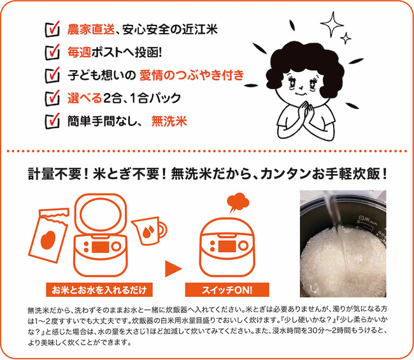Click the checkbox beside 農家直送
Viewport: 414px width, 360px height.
coord(52,29)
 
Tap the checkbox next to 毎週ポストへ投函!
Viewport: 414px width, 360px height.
coord(52,52)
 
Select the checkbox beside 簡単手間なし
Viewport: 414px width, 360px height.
coord(52,121)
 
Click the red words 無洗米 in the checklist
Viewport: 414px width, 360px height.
coord(169,121)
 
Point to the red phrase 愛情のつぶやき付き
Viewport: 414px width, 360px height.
coord(192,75)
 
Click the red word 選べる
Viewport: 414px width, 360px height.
coord(85,98)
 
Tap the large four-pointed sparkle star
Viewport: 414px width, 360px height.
coord(332,24)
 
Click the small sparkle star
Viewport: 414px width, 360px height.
coord(346,39)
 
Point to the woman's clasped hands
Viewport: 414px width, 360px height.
coord(306,111)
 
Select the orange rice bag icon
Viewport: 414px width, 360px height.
coord(48,236)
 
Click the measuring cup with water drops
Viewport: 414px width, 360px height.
coord(149,231)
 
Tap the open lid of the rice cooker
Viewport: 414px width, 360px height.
coord(101,214)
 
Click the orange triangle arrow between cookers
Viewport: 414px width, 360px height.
coord(173,269)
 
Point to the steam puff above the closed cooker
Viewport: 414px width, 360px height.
coord(238,202)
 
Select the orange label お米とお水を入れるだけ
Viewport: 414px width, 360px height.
coord(99,290)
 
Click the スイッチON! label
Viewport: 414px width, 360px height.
coord(227,290)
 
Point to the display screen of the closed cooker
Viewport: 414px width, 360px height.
coord(227,246)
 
